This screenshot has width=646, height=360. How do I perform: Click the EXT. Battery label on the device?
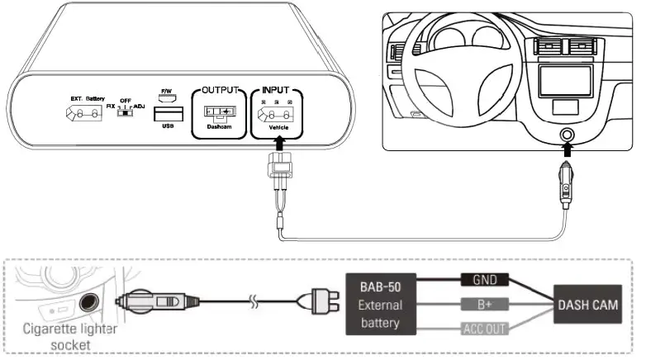coord(85,98)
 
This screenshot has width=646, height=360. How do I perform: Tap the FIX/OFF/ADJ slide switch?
coord(125,114)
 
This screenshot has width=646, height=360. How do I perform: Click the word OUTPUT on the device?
coord(220,89)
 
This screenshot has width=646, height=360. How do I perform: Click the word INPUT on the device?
coord(278,89)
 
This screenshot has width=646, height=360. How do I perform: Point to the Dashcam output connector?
coord(219,111)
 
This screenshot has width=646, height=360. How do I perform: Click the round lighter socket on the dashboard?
coord(567,135)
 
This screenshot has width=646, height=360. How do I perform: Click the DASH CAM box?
coord(588,306)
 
